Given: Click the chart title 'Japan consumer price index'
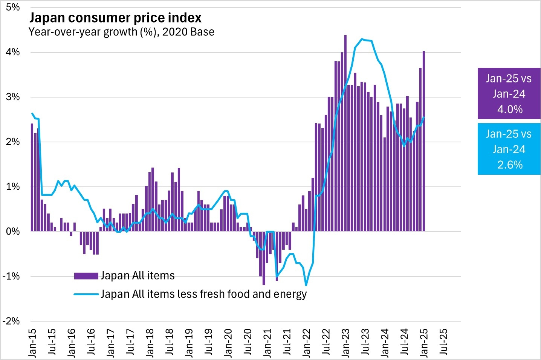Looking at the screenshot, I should click(115, 18).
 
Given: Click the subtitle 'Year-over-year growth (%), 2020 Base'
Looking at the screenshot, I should click(121, 32).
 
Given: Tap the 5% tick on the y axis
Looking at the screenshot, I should click(13, 8).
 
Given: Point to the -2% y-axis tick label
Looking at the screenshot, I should click(11, 321).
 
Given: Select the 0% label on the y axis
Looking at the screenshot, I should click(13, 232).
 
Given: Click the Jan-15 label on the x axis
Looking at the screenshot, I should click(33, 342).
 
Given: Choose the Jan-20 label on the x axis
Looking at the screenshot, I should click(228, 342).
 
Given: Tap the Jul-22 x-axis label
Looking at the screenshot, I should click(326, 342).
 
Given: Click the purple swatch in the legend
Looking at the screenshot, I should click(86, 276).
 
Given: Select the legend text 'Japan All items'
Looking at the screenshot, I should click(138, 276).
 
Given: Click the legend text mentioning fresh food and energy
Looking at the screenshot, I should click(203, 294).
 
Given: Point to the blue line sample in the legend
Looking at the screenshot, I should click(86, 294).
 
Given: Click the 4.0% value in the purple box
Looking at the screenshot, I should click(510, 110).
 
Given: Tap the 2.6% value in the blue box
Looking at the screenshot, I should click(510, 165).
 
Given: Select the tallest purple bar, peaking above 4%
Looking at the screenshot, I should click(345, 132).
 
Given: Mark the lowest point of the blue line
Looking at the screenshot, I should click(306, 285).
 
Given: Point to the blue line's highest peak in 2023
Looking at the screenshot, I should click(362, 39).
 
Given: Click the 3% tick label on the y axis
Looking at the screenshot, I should click(13, 97).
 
